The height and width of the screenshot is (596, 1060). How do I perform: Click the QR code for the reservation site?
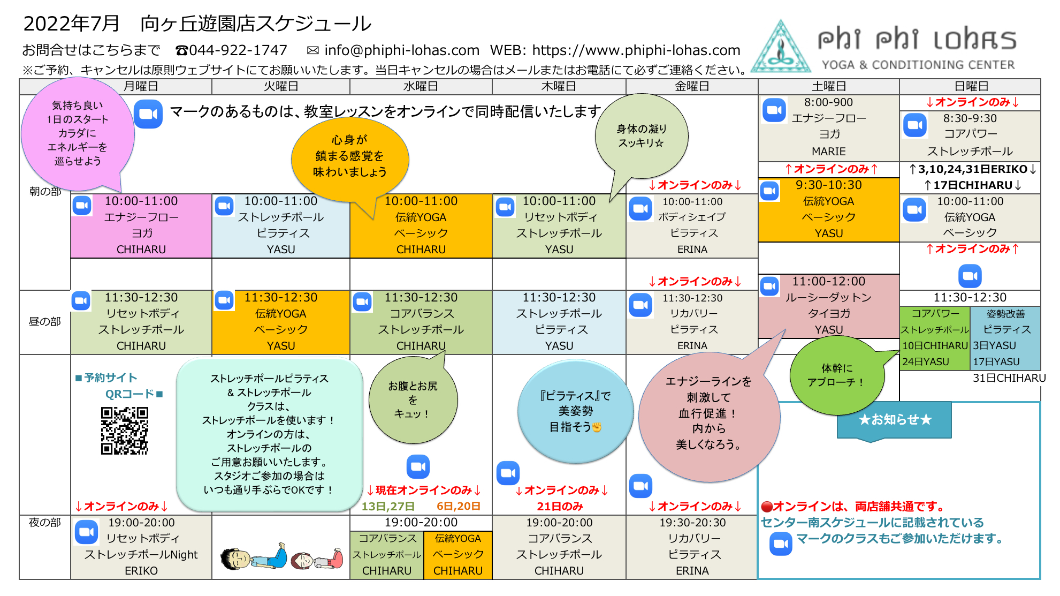pyautogui.click(x=124, y=431)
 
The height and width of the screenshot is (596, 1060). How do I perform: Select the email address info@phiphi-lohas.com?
pyautogui.click(x=402, y=50)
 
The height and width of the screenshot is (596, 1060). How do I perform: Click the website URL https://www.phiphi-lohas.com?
pyautogui.click(x=636, y=50)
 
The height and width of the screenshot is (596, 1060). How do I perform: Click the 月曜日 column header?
pyautogui.click(x=141, y=87)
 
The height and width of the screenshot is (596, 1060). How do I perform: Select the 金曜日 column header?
pyautogui.click(x=692, y=87)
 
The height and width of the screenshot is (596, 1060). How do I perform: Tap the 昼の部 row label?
pyautogui.click(x=45, y=321)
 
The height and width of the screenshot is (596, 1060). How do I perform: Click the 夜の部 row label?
pyautogui.click(x=45, y=522)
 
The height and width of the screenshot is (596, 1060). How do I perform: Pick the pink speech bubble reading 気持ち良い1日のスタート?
pyautogui.click(x=78, y=134)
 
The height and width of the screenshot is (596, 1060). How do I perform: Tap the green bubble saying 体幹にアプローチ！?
pyautogui.click(x=837, y=375)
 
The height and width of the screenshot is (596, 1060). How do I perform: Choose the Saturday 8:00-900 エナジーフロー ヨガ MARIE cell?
pyautogui.click(x=828, y=127)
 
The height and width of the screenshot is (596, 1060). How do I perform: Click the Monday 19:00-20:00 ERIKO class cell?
pyautogui.click(x=141, y=547)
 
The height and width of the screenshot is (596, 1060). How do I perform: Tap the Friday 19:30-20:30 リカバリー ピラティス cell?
pyautogui.click(x=692, y=547)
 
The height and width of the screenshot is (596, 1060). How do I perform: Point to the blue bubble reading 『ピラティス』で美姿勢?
pyautogui.click(x=576, y=411)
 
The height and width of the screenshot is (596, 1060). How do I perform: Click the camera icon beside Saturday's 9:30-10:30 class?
pyautogui.click(x=770, y=191)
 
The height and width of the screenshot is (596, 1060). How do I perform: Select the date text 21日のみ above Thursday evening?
pyautogui.click(x=560, y=506)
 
